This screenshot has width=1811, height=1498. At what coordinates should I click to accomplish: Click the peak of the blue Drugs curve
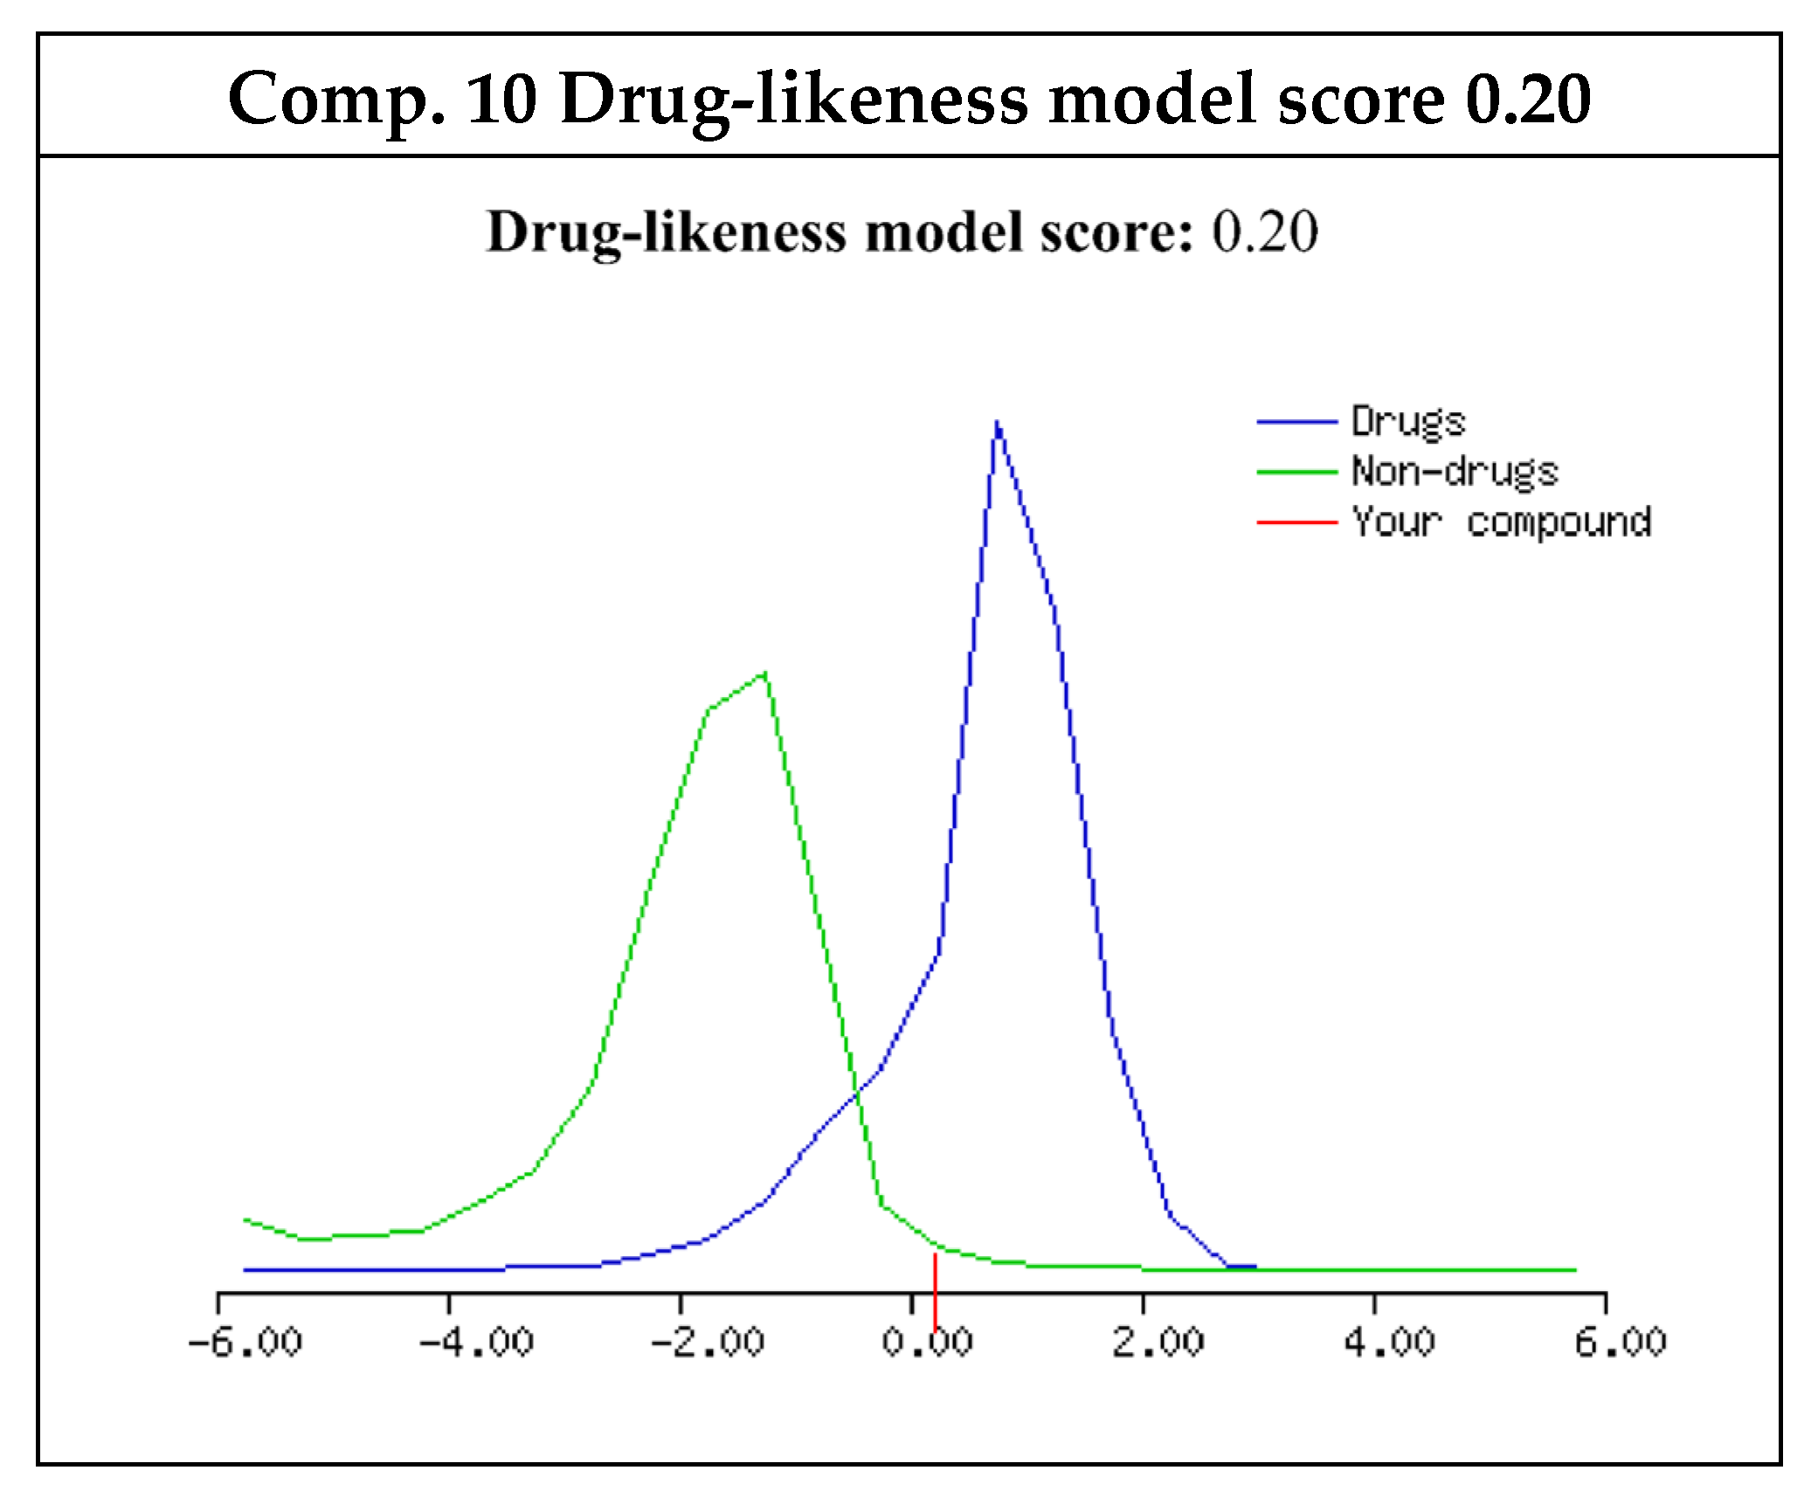[x=997, y=423]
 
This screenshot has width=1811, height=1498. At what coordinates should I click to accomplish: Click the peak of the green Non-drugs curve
[x=765, y=673]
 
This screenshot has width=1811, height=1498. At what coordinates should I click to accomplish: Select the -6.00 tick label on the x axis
[x=245, y=1341]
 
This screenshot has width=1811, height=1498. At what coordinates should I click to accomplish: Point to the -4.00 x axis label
[x=476, y=1341]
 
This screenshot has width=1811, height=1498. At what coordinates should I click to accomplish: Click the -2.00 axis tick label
[x=708, y=1341]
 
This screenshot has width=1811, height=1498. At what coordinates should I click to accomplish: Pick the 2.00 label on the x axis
[x=1158, y=1341]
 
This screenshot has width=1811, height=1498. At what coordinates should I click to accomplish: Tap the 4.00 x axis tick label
[x=1389, y=1341]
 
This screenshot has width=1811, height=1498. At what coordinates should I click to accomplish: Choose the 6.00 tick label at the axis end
[x=1621, y=1341]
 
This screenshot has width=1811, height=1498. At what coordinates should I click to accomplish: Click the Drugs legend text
[x=1408, y=422]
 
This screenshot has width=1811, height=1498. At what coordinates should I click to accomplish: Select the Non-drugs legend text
[x=1455, y=472]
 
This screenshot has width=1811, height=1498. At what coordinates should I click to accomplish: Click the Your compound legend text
[x=1501, y=522]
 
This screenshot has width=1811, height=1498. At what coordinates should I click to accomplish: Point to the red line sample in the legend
[x=1297, y=522]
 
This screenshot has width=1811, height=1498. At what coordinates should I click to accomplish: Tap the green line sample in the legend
[x=1297, y=472]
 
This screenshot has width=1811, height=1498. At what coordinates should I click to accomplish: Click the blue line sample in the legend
[x=1297, y=422]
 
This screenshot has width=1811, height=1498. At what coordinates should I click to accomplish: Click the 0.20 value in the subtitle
[x=1264, y=232]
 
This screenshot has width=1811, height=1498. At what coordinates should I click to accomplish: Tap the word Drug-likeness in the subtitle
[x=666, y=234]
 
